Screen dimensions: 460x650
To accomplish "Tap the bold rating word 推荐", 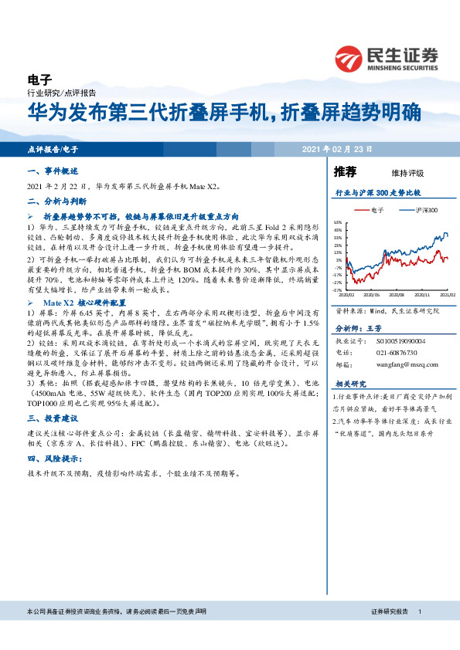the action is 346,171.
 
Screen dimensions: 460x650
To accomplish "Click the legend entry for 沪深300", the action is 422,209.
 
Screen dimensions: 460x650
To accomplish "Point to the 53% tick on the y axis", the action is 337,222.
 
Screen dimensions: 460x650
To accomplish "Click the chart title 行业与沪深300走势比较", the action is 378,191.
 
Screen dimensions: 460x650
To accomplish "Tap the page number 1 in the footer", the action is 419,611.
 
